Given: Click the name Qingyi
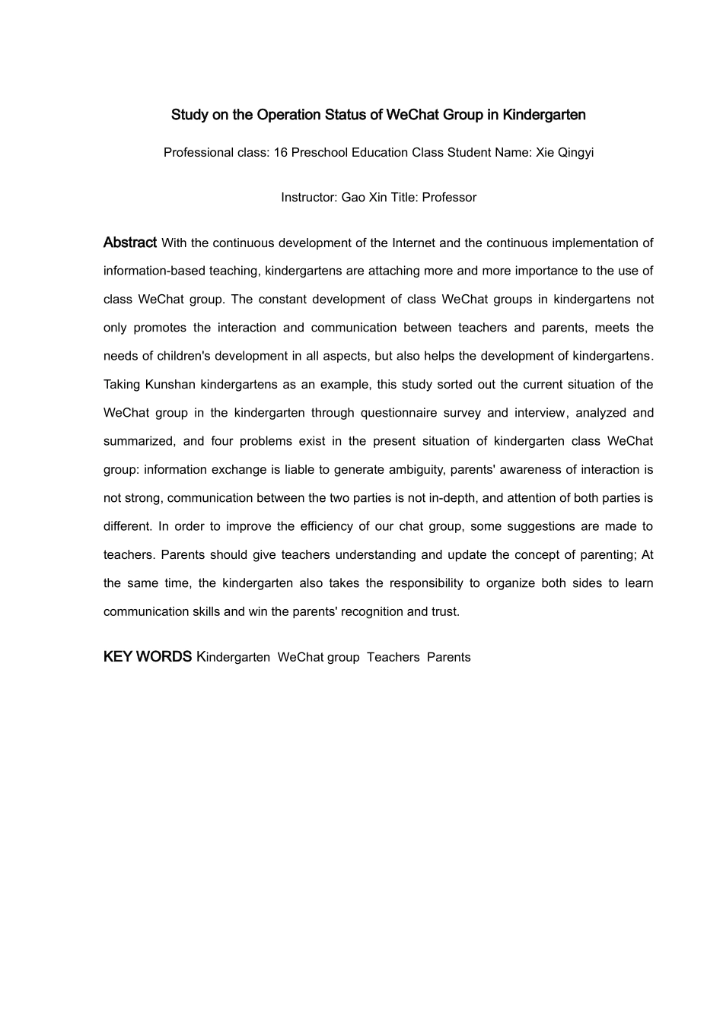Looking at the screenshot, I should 577,152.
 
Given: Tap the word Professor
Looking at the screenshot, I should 449,198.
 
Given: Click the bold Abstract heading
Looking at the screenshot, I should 130,243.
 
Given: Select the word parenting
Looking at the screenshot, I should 607,555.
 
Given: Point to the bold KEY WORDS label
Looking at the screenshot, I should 147,657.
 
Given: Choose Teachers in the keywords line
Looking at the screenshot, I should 393,658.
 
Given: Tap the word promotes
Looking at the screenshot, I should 161,328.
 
